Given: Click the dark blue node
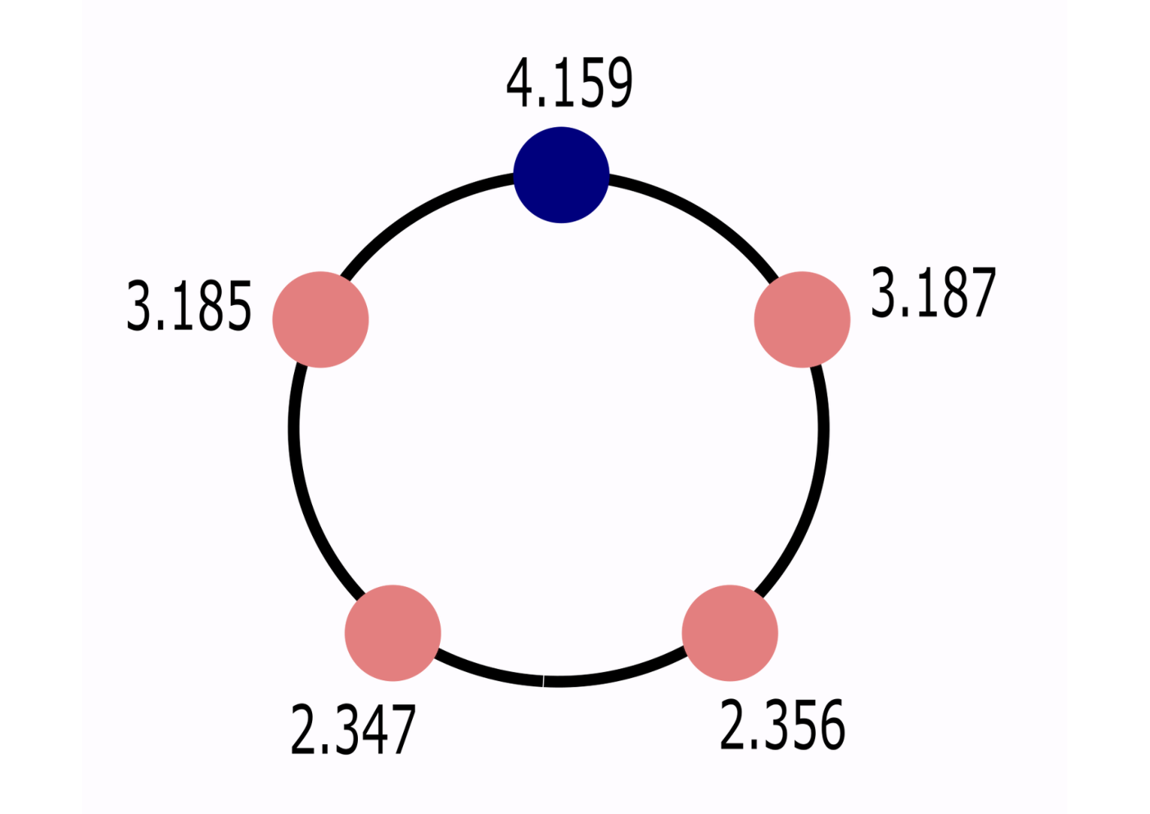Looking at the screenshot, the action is [x=561, y=175].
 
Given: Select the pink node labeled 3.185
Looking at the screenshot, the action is [x=320, y=320].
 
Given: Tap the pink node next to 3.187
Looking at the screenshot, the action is [x=802, y=320].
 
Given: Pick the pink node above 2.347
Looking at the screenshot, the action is [x=392, y=633].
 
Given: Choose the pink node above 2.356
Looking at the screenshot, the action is [x=730, y=633].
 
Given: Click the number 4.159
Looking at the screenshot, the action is [x=569, y=82].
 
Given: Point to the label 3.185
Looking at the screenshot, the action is [x=189, y=306].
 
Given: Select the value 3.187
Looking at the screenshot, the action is [x=933, y=292].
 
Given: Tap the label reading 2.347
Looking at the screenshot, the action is [x=353, y=730].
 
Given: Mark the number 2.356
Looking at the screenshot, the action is [x=782, y=725].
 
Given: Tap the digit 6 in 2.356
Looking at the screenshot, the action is [x=831, y=725].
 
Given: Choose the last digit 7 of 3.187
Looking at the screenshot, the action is [x=983, y=292].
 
